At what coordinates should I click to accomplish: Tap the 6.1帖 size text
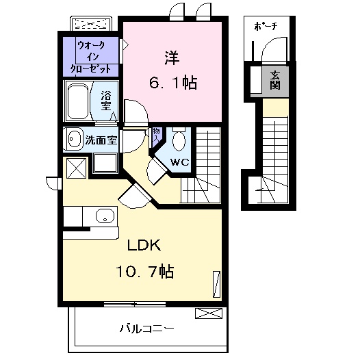pos(173,83)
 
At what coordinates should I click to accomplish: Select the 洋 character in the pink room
pos(171,56)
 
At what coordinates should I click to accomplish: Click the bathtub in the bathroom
pos(79,102)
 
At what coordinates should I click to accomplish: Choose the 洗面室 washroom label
pos(101,141)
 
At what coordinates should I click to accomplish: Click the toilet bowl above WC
pos(179,141)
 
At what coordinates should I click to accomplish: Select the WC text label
pos(179,163)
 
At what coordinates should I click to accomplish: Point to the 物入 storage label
pos(157,133)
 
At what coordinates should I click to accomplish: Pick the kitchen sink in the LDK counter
pos(103,218)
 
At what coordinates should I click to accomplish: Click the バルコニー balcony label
pos(146,327)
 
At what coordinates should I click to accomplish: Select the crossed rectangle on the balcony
pos(209,313)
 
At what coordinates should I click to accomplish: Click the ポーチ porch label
pos(266,27)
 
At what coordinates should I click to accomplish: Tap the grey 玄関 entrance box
pos(275,80)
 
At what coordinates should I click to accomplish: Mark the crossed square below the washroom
pos(75,168)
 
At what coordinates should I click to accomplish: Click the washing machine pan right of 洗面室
pos(105,162)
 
